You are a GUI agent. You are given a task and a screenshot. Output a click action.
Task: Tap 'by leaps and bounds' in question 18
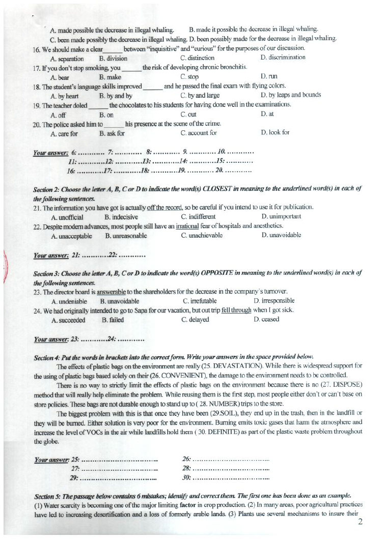coord(290,95)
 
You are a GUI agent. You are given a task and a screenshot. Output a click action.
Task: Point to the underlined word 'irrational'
coord(186,226)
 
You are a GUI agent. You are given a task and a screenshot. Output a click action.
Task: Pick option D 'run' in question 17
coord(265,76)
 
